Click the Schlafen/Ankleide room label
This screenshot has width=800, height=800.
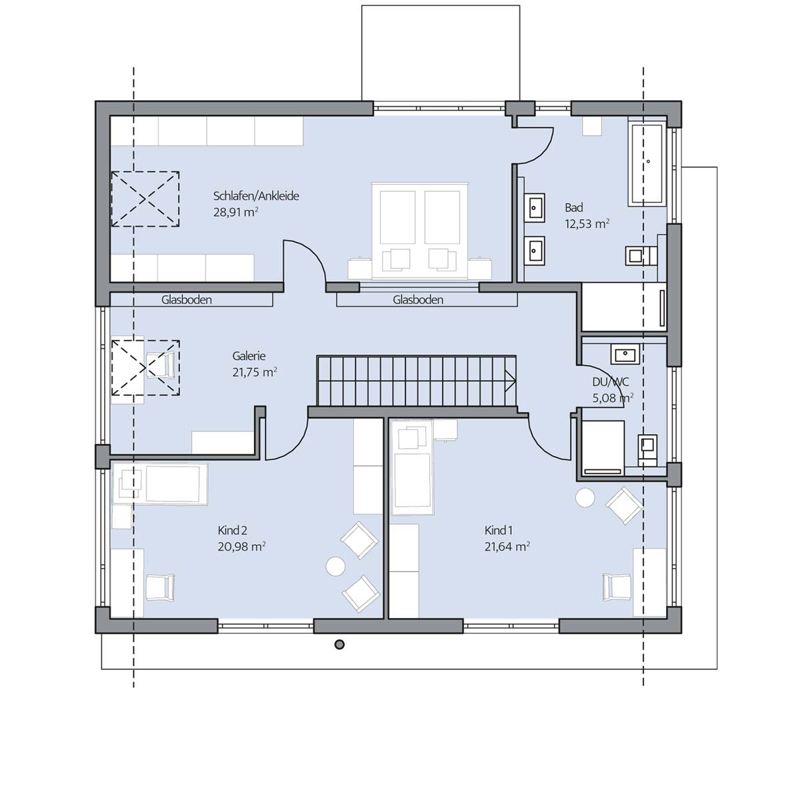256,197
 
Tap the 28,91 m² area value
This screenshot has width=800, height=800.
236,213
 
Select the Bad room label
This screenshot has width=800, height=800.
574,207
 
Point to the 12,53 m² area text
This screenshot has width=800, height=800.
587,224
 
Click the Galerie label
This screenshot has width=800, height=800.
249,356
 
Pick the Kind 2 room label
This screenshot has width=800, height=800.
233,530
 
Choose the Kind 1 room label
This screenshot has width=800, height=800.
499,530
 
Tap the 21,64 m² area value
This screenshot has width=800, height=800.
507,547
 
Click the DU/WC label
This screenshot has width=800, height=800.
610,382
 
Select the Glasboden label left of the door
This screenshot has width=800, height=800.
187,300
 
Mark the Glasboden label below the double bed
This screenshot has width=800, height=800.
417,300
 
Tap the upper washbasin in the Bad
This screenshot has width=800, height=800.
535,205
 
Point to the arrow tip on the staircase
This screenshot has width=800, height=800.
516,380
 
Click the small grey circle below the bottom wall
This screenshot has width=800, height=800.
339,644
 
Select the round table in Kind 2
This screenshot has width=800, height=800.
335,566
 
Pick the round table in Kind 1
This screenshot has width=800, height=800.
585,497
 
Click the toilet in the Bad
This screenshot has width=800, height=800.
639,256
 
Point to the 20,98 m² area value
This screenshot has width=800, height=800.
241,547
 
